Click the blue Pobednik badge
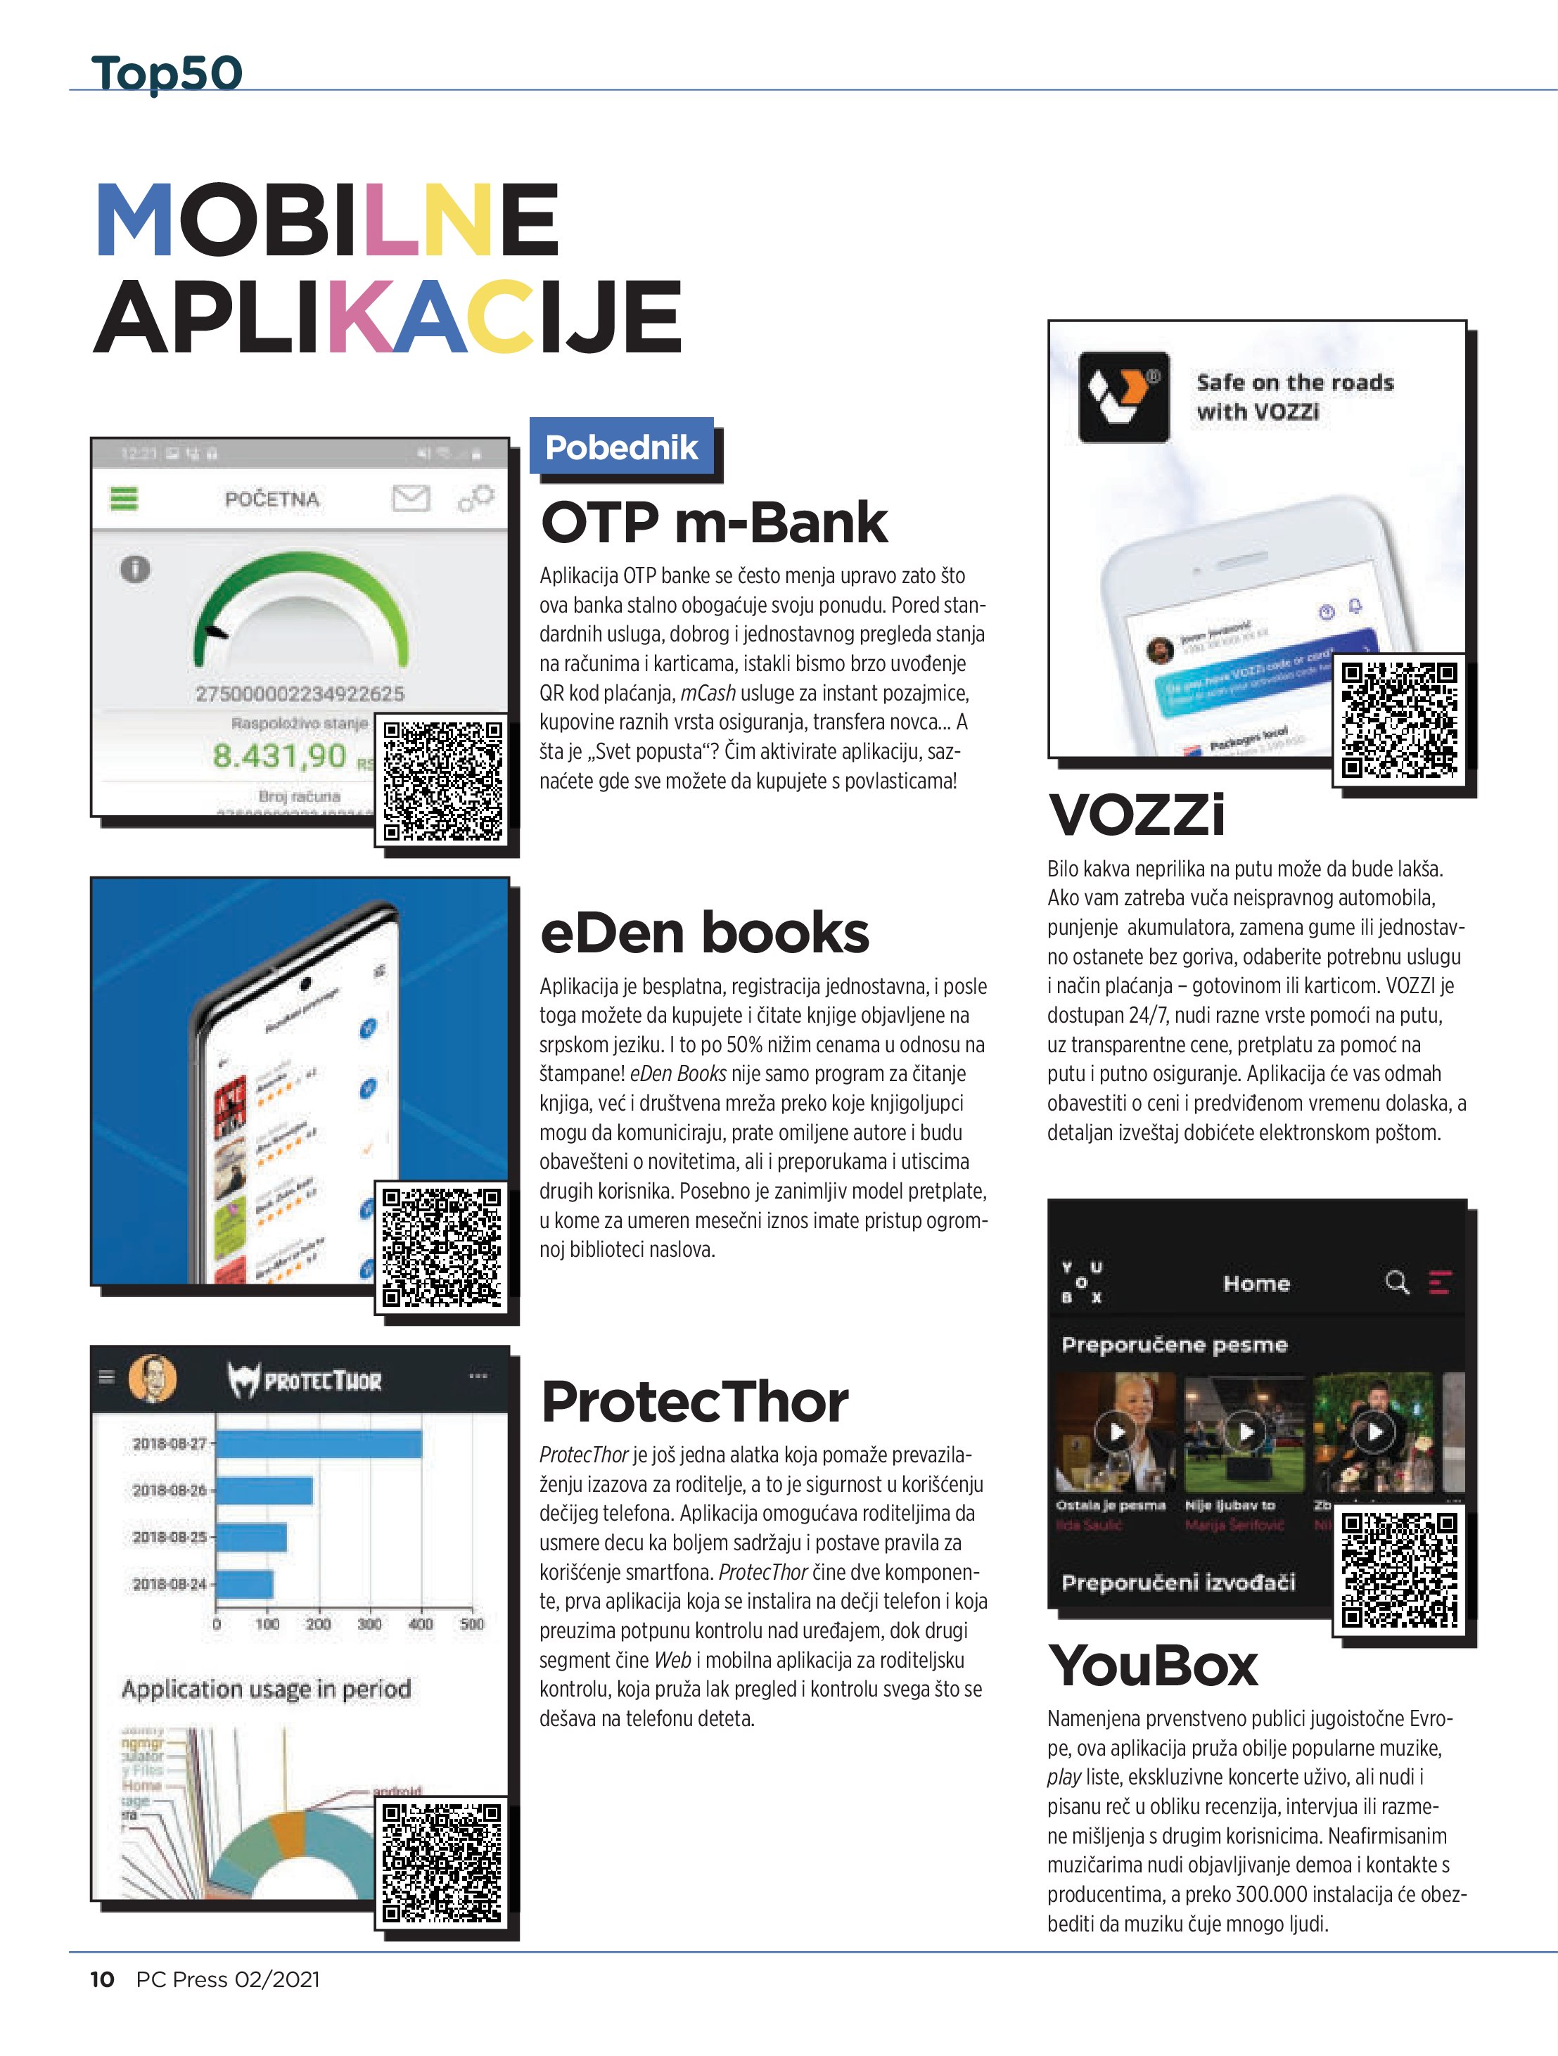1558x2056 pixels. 621,448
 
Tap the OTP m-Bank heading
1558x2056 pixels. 713,523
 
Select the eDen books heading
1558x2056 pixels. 703,933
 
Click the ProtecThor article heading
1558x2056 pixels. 694,1402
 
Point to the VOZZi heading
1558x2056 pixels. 1136,815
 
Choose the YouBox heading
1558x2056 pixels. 1153,1666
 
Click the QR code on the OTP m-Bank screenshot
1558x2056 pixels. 443,781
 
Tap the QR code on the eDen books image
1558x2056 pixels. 442,1247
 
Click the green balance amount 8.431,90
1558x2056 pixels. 279,755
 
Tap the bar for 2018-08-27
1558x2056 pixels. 319,1443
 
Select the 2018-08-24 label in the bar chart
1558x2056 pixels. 170,1584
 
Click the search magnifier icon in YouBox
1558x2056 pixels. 1396,1283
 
